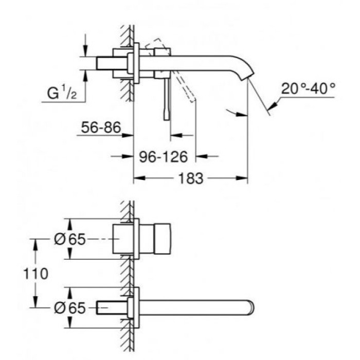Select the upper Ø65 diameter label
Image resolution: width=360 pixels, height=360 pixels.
68,239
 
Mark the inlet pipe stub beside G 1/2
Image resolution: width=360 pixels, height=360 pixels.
109,63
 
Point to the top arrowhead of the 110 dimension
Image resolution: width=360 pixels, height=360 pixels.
35,242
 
